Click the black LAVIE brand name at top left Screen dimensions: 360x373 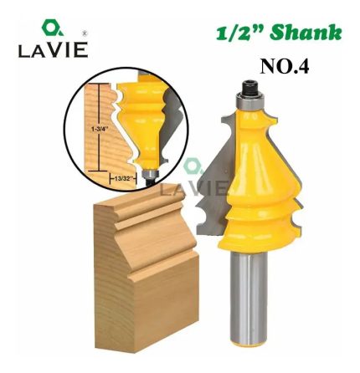[x=54, y=50]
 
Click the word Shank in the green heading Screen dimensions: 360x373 [x=306, y=33]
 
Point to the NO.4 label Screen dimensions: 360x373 [x=285, y=67]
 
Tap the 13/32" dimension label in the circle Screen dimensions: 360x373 [x=122, y=179]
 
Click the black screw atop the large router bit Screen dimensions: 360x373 [x=249, y=87]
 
